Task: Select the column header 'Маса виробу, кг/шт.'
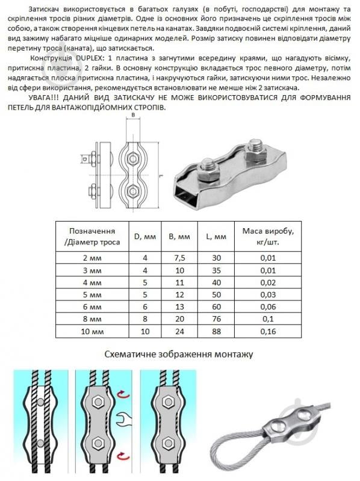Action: tap(268, 237)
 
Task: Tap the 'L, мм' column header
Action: tap(216, 237)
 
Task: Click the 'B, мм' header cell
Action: tap(179, 237)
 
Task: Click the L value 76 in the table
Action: tap(217, 319)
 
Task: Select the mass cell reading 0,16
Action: tap(268, 332)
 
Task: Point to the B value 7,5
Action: tap(179, 258)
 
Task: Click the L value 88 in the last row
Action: tap(217, 332)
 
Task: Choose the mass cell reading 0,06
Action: tap(268, 307)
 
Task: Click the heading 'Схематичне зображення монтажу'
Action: tap(179, 355)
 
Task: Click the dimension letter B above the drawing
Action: tap(133, 116)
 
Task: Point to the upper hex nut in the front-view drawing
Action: tap(133, 158)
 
